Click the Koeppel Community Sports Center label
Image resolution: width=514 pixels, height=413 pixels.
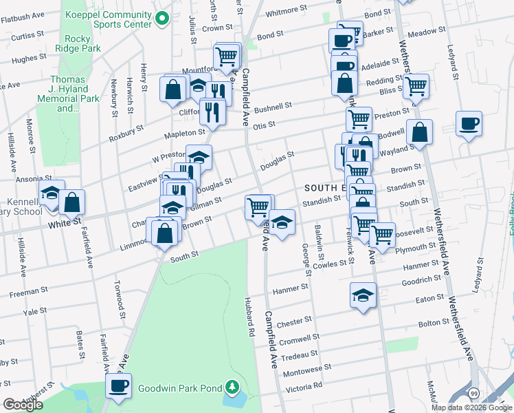109,19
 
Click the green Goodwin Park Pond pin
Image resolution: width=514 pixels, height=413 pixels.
233,388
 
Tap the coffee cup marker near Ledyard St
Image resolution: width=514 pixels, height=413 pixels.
469,124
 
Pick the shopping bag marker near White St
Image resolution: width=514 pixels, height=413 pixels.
71,203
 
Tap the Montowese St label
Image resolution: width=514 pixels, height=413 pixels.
309,370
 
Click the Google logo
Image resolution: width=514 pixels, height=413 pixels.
23,405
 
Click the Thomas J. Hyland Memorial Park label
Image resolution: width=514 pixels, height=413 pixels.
67,94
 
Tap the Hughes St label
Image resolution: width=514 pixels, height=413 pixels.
29,59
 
